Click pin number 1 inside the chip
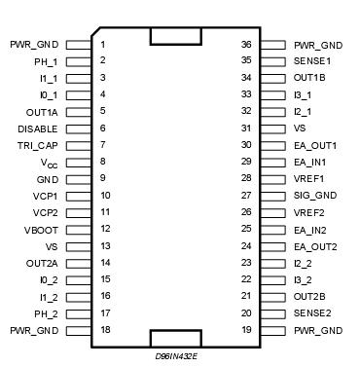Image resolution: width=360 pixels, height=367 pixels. pos(102,45)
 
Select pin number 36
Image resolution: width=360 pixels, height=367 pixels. pos(247,45)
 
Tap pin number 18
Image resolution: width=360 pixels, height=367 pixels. pos(104,331)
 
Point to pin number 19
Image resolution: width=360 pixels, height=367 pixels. pos(247,331)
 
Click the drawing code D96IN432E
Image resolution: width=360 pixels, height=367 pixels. pos(176,357)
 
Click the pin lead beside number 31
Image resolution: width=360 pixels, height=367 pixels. pos(275,128)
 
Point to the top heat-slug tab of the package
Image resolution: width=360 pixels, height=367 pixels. pos(177,36)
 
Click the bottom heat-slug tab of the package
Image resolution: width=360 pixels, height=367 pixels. pos(177,338)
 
